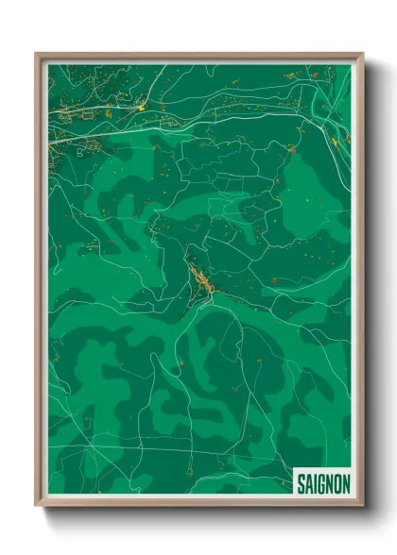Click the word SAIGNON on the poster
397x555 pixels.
click(323, 483)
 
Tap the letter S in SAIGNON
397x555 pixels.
click(301, 483)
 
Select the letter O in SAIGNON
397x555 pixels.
click(337, 483)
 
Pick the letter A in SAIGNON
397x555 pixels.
click(308, 483)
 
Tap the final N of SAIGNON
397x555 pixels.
click(345, 483)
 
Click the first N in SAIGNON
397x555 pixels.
click(328, 483)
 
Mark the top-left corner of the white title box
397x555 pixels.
click(293, 469)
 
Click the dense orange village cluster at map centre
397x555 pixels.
click(200, 278)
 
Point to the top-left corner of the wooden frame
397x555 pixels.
click(36, 54)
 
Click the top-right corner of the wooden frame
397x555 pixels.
click(362, 54)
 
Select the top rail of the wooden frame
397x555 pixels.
click(198, 57)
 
